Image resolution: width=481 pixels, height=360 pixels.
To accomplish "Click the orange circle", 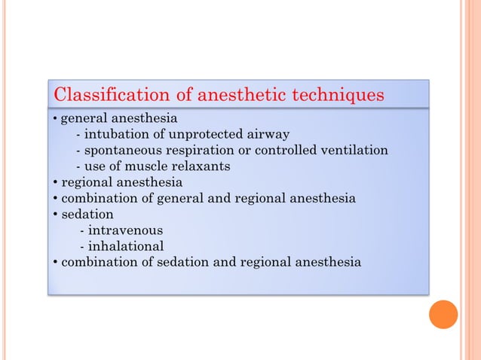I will pos(443,314).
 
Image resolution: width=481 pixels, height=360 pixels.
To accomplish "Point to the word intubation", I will pos(117,135).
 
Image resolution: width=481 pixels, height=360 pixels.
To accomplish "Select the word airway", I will pos(268,136).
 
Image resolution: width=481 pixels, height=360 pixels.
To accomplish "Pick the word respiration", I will pos(204,151).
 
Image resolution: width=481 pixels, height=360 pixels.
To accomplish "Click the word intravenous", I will pos(125,230).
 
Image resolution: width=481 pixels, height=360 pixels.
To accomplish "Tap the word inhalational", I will pos(126,246).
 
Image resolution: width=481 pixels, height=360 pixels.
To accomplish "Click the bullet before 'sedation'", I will pos(56,215).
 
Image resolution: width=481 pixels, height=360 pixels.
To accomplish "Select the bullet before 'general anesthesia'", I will pos(56,119).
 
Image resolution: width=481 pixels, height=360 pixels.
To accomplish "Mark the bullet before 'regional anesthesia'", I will pos(56,183).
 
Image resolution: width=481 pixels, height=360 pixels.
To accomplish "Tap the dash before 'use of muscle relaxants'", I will pos(79,166).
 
